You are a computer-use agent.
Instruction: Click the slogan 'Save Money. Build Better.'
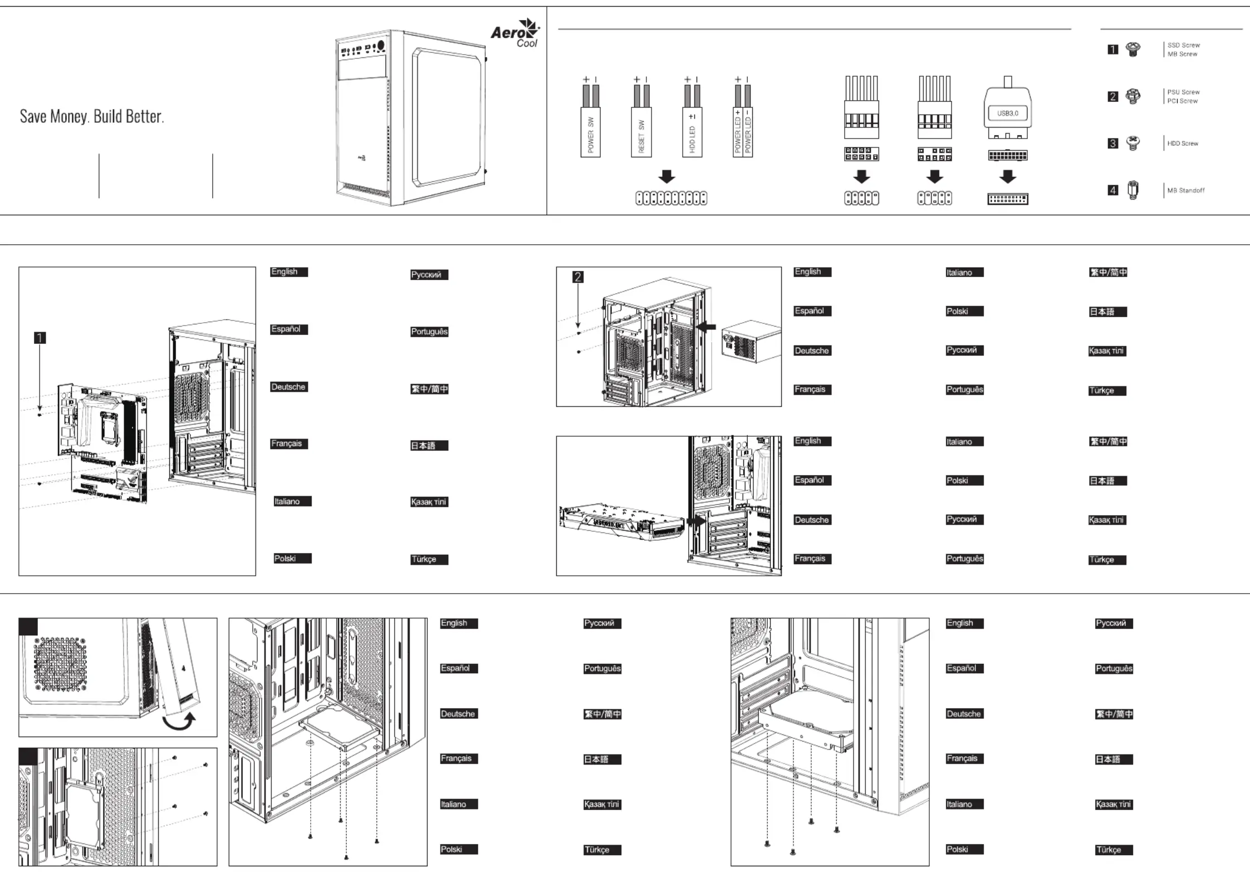[92, 116]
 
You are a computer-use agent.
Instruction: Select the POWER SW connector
[590, 134]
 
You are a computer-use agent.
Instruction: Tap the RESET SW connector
[641, 134]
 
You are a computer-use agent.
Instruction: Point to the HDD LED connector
[692, 134]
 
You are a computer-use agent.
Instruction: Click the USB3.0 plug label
[1007, 114]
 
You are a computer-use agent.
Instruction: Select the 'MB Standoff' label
[1185, 190]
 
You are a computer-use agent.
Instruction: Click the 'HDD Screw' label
[1183, 144]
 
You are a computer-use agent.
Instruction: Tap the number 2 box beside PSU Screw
[1112, 97]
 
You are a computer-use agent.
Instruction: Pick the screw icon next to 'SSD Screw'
[1133, 50]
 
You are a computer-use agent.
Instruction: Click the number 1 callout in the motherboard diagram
[40, 338]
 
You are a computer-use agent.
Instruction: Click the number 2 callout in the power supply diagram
[578, 277]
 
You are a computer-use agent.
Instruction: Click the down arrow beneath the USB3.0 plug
[1007, 177]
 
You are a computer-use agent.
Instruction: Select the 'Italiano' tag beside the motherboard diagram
[292, 501]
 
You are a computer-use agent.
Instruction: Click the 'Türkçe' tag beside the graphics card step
[1107, 560]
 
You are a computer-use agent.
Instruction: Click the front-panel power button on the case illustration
[381, 46]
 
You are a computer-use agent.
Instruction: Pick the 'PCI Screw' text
[1182, 101]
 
